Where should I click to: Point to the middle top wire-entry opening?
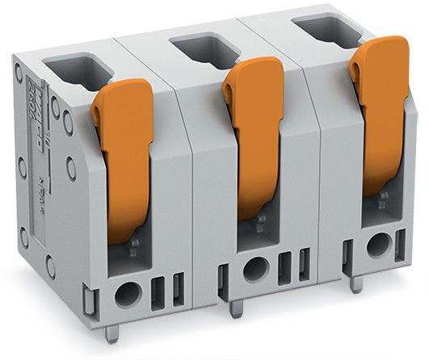click(x=206, y=50)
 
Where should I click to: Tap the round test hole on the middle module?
click(x=255, y=269)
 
